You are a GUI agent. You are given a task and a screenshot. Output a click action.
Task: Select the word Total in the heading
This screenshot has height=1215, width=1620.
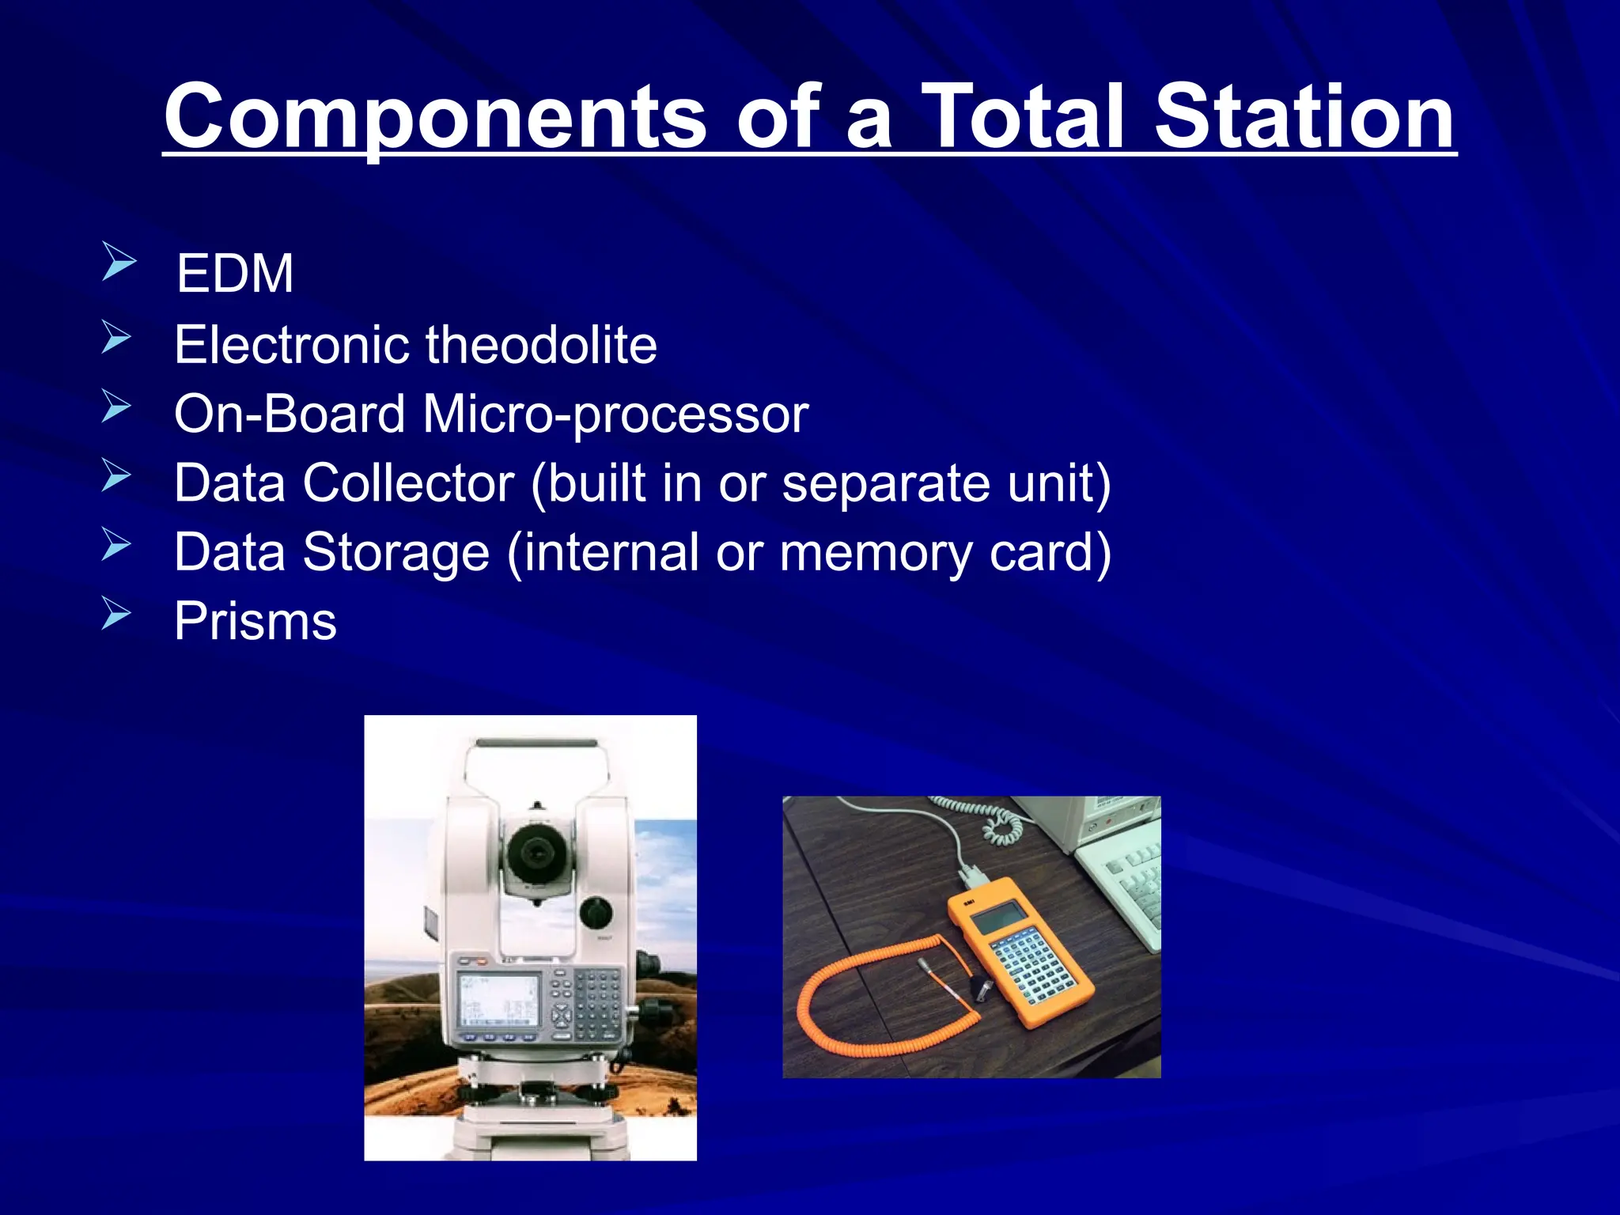(x=1033, y=117)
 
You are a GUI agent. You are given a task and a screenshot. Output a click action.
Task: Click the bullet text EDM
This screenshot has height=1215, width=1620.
(x=234, y=274)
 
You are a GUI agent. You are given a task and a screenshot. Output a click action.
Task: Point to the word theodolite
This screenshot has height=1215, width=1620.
(x=541, y=345)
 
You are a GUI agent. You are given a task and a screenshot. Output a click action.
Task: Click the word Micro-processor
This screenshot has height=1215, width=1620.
(x=615, y=414)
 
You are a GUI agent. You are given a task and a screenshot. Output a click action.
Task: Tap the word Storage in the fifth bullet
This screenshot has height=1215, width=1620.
(x=396, y=552)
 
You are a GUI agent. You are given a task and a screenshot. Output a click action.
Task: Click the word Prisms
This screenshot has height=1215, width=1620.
(x=255, y=622)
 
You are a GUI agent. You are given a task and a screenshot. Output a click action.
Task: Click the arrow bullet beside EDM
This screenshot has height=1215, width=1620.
(x=118, y=262)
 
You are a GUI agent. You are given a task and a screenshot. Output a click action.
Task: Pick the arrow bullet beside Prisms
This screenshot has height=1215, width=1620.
(x=115, y=613)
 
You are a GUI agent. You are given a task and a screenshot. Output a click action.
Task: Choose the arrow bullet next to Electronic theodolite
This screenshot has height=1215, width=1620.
(x=115, y=337)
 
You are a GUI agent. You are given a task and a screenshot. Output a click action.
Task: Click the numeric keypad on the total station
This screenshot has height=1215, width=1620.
(x=596, y=1005)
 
